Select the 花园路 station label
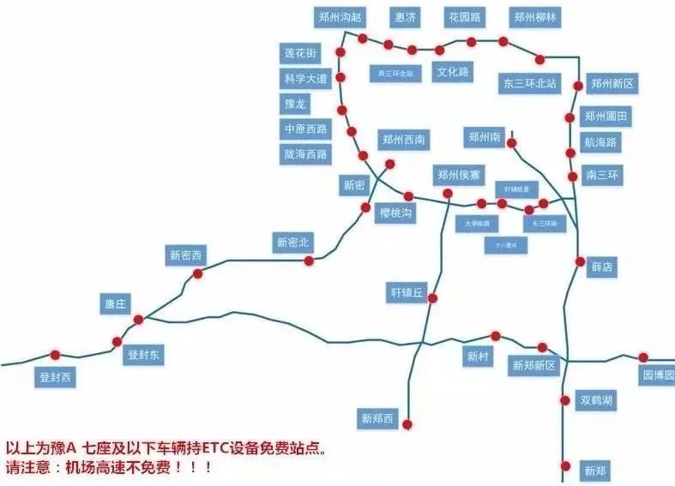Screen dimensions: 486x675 click(464, 16)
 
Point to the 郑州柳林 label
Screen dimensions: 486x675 click(536, 16)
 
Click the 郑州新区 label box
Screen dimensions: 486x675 click(612, 83)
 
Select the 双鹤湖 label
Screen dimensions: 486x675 click(597, 400)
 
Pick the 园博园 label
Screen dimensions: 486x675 click(658, 375)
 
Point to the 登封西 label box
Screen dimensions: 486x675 click(57, 376)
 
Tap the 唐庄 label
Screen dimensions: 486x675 click(115, 303)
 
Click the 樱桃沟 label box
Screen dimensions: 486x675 click(395, 213)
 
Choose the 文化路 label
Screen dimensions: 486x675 click(452, 71)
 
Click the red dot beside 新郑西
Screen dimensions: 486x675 click(407, 423)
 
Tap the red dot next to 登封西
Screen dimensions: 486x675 click(56, 355)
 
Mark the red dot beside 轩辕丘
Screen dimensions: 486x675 click(433, 298)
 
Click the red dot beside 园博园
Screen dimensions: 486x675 click(643, 357)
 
